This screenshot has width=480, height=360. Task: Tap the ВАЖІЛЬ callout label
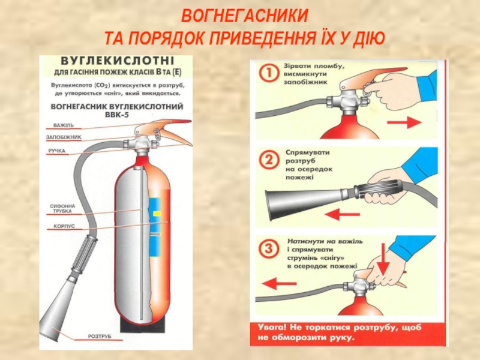(63, 125)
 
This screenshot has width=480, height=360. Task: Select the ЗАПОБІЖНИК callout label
(64, 137)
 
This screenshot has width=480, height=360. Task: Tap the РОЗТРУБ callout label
(100, 337)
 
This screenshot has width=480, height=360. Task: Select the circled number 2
(269, 160)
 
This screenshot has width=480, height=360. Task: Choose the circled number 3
(269, 247)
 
